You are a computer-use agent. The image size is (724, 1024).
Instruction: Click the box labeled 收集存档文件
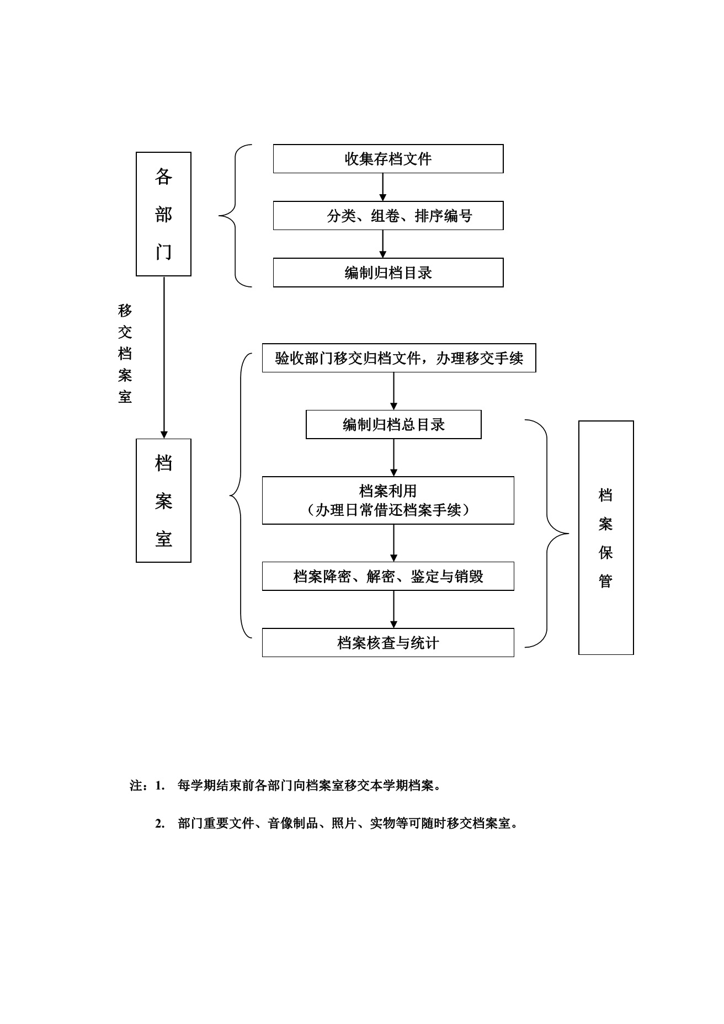[x=388, y=159]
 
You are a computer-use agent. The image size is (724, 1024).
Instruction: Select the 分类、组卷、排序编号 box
[x=388, y=216]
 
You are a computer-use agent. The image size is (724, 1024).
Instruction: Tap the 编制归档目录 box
[x=388, y=273]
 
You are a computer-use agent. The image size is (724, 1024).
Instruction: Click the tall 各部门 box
[x=163, y=214]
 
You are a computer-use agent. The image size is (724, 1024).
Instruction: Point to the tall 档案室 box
[x=163, y=500]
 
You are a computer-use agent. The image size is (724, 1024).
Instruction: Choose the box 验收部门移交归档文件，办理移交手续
[x=398, y=359]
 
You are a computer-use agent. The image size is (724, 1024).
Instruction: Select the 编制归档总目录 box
[x=393, y=425]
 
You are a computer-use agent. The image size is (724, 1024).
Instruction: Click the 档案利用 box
[x=388, y=500]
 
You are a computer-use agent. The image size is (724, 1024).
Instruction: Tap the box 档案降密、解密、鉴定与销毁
[x=388, y=577]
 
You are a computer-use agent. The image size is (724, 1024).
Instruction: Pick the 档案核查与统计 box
[x=388, y=643]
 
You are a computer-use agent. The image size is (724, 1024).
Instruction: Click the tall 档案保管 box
[x=606, y=537]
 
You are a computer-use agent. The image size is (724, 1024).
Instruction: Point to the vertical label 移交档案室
[x=125, y=354]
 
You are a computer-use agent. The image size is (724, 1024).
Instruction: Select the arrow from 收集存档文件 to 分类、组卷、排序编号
[x=383, y=187]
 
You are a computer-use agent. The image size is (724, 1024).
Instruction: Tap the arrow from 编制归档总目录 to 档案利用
[x=393, y=457]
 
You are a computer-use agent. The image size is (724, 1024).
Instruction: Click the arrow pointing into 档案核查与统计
[x=393, y=609]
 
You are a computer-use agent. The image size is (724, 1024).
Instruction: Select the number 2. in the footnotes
[x=160, y=824]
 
